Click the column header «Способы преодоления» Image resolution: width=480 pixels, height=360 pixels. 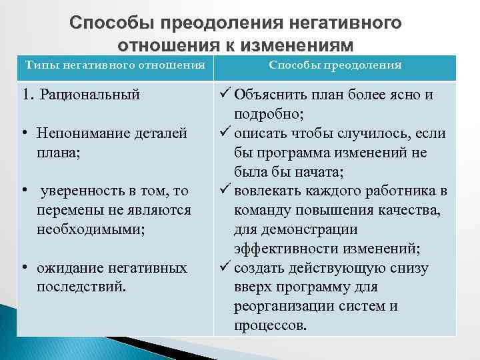click(x=335, y=65)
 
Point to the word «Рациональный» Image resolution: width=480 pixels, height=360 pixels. click(x=90, y=94)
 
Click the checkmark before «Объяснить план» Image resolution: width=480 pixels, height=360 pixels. click(x=224, y=95)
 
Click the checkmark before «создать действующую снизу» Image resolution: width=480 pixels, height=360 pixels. click(x=224, y=269)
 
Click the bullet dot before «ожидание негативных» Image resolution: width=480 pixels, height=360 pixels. click(x=23, y=268)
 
